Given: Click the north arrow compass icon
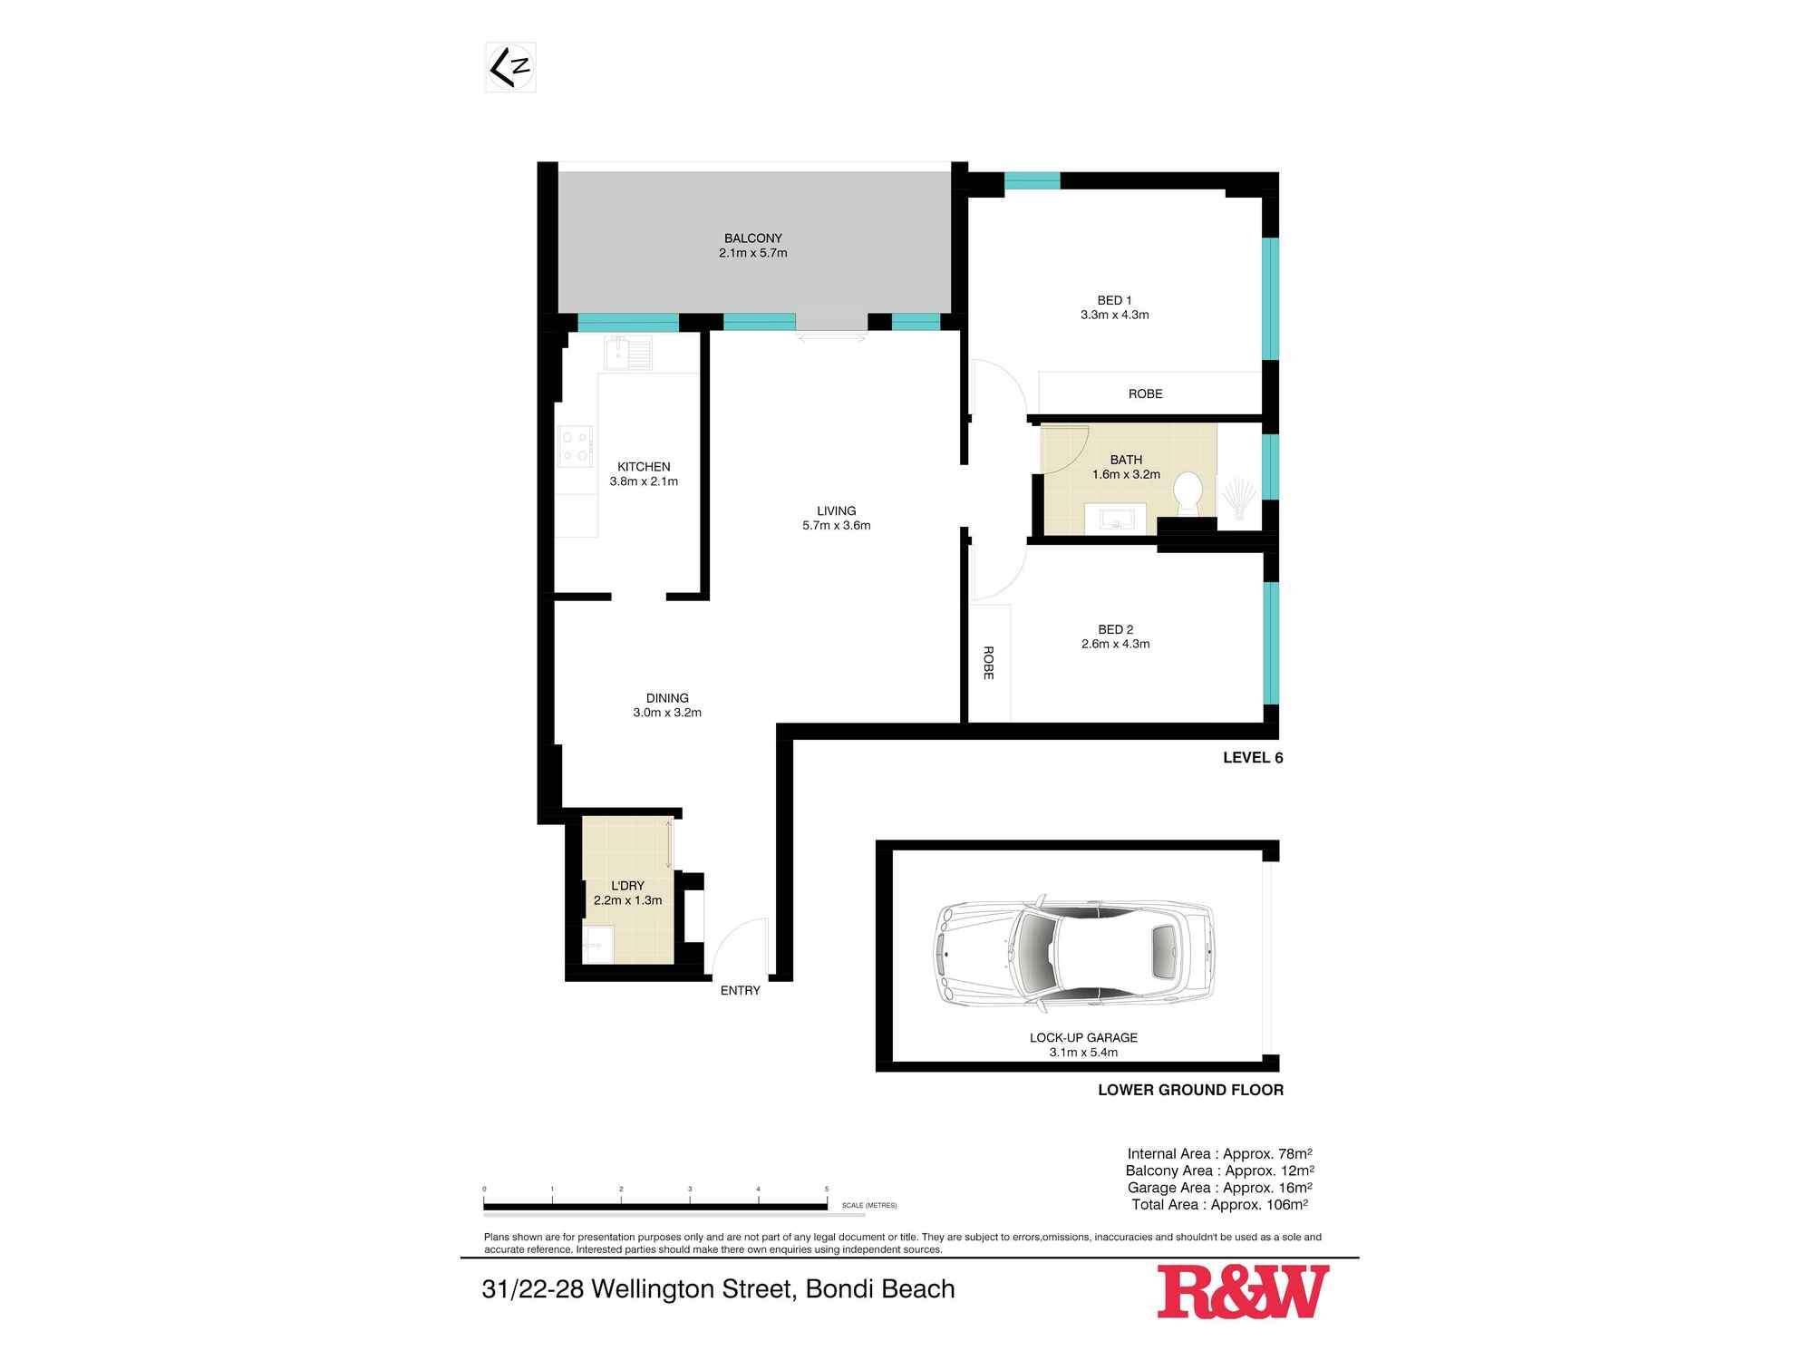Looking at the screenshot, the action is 510,67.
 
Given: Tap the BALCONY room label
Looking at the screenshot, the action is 752,238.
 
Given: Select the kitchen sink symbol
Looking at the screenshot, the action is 628,353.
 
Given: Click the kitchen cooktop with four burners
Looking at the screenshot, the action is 575,446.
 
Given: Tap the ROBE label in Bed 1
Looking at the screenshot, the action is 1146,393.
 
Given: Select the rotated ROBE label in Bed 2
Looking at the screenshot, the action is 988,663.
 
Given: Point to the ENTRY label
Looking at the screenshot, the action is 740,990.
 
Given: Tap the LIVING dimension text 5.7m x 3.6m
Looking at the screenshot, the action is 836,525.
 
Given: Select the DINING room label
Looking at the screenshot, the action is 667,698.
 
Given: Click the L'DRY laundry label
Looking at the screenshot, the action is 627,886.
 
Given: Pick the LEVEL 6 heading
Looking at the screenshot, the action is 1253,758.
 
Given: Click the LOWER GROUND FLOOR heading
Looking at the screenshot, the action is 1190,1090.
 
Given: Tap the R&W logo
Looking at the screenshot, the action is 1243,1292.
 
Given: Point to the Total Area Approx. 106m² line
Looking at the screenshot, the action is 1219,1205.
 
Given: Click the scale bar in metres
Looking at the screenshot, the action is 655,1206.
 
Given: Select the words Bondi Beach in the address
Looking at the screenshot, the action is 880,1289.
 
